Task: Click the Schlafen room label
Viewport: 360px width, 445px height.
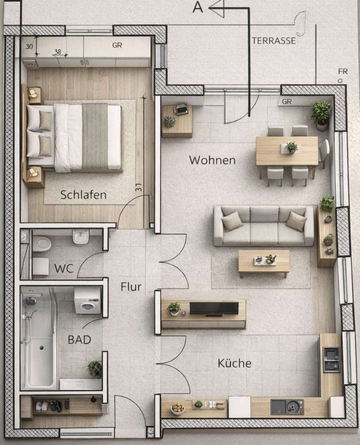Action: [x=84, y=195]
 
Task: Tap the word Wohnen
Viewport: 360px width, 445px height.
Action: [x=212, y=160]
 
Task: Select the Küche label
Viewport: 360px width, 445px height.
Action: [x=234, y=363]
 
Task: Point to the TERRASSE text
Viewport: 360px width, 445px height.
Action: [x=274, y=41]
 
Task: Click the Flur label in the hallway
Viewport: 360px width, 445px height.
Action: [x=131, y=287]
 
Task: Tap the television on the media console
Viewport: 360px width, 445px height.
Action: [x=214, y=309]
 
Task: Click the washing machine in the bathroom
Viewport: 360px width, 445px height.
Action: [x=88, y=301]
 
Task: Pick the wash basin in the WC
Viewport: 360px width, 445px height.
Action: [x=81, y=237]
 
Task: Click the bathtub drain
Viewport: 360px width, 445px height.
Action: [x=42, y=348]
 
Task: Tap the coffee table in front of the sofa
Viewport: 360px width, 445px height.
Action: [x=264, y=263]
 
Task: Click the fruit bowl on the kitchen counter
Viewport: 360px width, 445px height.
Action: [x=178, y=409]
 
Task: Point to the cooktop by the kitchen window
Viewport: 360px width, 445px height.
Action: [x=331, y=359]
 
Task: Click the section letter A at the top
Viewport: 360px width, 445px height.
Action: [x=198, y=7]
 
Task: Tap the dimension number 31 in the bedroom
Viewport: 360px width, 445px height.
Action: [x=138, y=187]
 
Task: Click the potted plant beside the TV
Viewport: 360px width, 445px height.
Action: [x=174, y=309]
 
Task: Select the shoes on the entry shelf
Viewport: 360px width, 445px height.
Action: [x=49, y=407]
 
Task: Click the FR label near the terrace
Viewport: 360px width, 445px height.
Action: [x=343, y=71]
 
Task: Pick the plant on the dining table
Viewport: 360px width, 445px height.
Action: [x=292, y=147]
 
